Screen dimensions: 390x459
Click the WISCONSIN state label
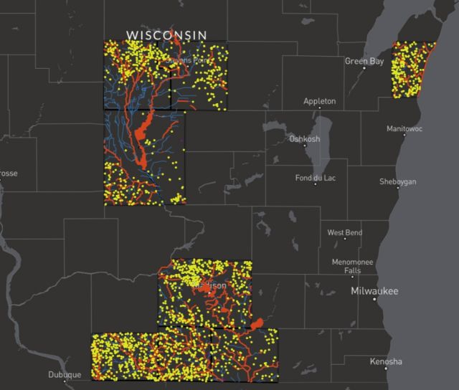tap(166, 34)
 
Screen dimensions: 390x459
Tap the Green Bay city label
tap(365, 61)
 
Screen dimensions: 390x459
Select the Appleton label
tap(319, 101)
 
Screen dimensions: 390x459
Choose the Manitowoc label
tap(404, 129)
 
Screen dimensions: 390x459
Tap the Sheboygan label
tap(397, 182)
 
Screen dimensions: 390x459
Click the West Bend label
tap(345, 233)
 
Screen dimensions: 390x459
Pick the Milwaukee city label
tap(374, 291)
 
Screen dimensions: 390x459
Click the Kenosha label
tap(386, 361)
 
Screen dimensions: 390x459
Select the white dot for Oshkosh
tap(306, 145)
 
